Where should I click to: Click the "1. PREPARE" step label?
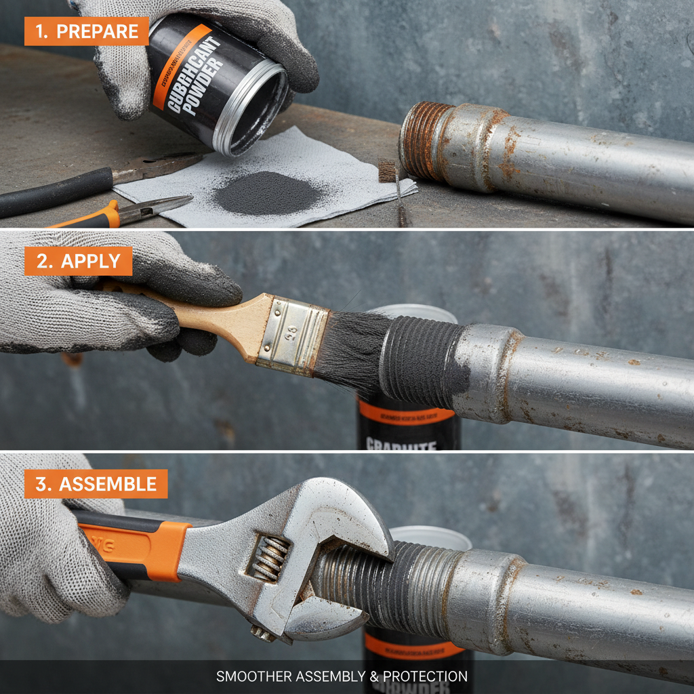pos(86,31)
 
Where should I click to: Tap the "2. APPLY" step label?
pos(78,261)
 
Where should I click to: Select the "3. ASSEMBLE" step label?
pos(96,484)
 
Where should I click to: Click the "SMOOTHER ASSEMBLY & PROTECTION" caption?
pos(342,676)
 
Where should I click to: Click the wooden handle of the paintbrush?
pos(203,319)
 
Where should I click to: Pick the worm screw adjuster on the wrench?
pos(269,558)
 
